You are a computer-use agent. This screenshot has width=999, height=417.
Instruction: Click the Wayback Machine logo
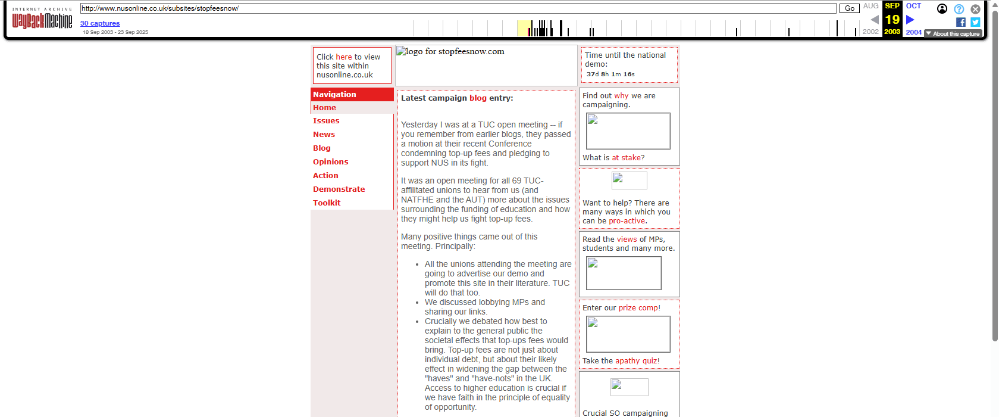[x=42, y=21]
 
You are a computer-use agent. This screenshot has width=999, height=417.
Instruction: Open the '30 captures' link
[x=100, y=24]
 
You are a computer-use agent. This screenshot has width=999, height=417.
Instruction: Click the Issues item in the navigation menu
[x=326, y=121]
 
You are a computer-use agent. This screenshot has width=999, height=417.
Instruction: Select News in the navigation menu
[x=324, y=135]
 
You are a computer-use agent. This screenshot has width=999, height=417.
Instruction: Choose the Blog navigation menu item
[x=322, y=148]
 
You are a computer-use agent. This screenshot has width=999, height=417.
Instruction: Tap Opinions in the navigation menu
[x=330, y=162]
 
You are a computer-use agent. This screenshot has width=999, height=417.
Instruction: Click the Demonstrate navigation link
[x=339, y=189]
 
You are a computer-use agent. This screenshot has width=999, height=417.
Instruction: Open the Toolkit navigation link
[x=327, y=203]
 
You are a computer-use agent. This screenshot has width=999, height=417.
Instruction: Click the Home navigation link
[x=324, y=108]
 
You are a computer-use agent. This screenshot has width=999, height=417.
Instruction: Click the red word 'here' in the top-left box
[x=344, y=57]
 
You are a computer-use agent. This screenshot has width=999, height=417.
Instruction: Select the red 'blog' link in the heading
[x=478, y=98]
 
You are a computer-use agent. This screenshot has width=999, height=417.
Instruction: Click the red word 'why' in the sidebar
[x=621, y=96]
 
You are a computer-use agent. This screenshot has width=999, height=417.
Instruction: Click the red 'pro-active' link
[x=627, y=221]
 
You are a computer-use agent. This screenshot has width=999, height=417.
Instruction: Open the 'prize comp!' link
[x=639, y=308]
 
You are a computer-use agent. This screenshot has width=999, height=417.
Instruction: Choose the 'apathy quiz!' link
[x=637, y=361]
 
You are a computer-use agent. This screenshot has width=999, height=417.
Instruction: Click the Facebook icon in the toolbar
[x=960, y=22]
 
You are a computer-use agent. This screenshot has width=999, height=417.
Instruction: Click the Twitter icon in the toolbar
[x=975, y=22]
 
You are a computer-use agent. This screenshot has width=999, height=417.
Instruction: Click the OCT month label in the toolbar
[x=913, y=6]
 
